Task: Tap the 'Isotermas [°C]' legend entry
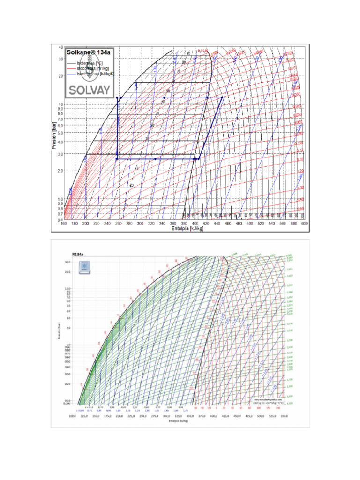pyautogui.click(x=90, y=62)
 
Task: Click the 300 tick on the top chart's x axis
pyautogui.click(x=140, y=224)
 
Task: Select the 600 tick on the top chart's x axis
pyautogui.click(x=304, y=224)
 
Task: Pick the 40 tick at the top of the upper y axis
pyautogui.click(x=60, y=47)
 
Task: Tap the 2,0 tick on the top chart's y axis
pyautogui.click(x=60, y=171)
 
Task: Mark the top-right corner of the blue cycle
pyautogui.click(x=222, y=97)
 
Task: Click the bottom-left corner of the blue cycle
pyautogui.click(x=117, y=159)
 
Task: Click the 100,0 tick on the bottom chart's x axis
pyautogui.click(x=72, y=416)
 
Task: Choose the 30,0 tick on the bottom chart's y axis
pyautogui.click(x=67, y=262)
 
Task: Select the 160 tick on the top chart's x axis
pyautogui.click(x=64, y=224)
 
